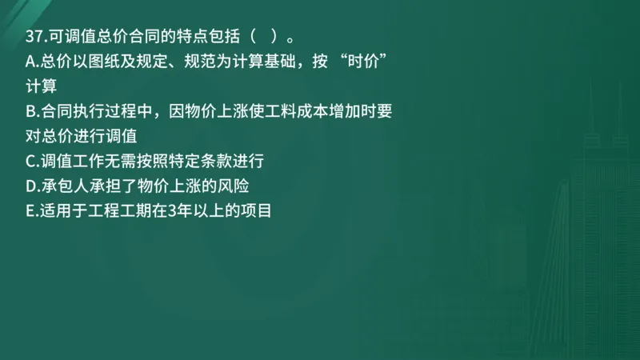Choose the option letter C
coord(31,162)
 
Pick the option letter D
coord(31,186)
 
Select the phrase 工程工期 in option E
coord(120,211)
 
